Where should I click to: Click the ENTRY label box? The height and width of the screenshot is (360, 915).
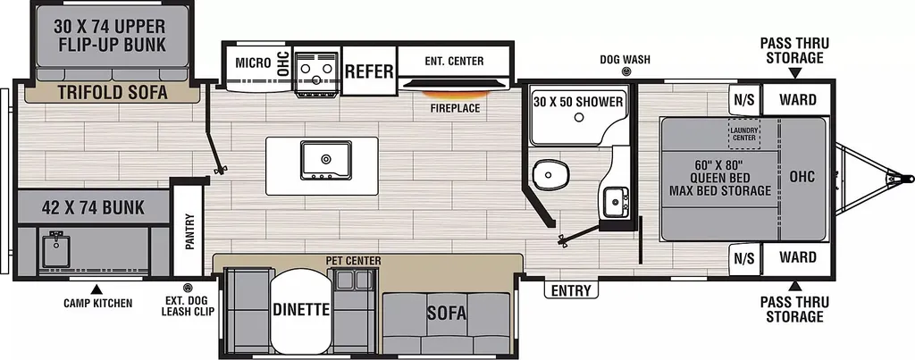[x=571, y=290]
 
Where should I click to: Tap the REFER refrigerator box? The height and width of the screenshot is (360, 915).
[x=369, y=71]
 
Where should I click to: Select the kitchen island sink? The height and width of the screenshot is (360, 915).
[x=325, y=160]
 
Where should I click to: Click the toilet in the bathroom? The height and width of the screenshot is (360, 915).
[x=550, y=173]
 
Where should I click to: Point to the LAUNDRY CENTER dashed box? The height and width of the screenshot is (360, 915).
[x=744, y=134]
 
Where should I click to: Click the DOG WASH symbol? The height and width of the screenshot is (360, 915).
[x=626, y=71]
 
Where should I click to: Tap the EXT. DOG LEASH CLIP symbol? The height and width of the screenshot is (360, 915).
[x=188, y=287]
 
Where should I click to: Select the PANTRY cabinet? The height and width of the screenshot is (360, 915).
[x=189, y=230]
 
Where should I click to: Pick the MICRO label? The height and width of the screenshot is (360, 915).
[x=253, y=63]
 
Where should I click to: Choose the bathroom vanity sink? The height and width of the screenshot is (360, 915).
[x=615, y=202]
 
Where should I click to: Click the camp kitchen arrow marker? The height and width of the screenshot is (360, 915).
[x=97, y=289]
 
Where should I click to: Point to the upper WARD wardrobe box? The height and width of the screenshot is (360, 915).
[x=797, y=100]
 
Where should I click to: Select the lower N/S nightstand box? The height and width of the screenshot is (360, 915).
[x=744, y=257]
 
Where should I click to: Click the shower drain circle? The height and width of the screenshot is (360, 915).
[x=578, y=117]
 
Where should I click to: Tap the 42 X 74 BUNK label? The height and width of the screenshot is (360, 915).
[x=93, y=208]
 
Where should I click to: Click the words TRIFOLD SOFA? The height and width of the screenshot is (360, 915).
[x=113, y=92]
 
